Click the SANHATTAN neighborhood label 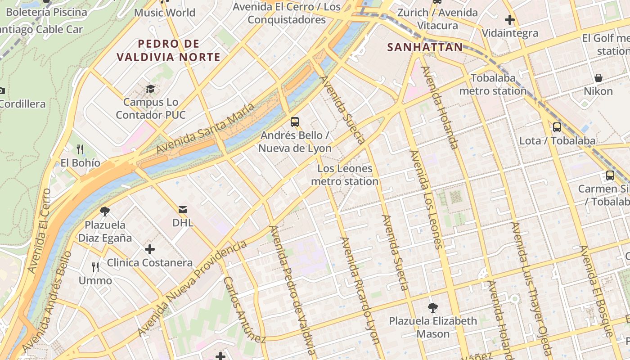point(425,47)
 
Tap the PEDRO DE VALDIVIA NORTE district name point(168,50)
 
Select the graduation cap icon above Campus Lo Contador point(150,89)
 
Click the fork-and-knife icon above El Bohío point(80,149)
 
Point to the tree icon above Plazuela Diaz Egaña point(105,211)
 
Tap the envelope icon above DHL point(183,209)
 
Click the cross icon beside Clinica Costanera point(150,249)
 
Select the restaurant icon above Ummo point(95,267)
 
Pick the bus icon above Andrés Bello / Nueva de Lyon point(295,121)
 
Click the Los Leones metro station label point(345,175)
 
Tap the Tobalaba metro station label point(493,85)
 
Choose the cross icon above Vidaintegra point(509,20)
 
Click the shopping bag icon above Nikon point(598,78)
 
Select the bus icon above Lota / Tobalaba point(557,127)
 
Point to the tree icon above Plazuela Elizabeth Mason point(433,308)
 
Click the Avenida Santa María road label point(205,129)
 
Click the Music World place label point(165,13)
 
